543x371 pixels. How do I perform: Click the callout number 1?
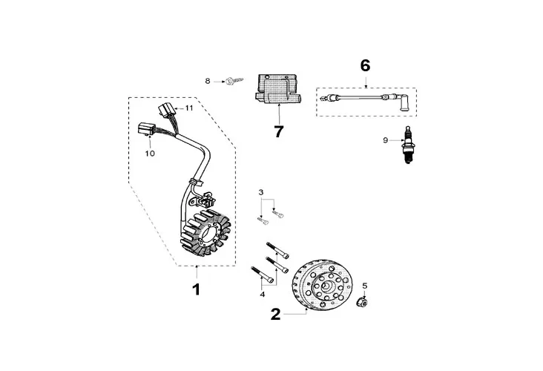point(197,289)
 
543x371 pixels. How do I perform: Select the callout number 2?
point(276,314)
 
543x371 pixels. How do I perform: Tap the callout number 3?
point(260,193)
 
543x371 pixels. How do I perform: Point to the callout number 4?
point(261,295)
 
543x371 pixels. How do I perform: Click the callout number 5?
point(364,286)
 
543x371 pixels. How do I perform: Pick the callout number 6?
point(365,66)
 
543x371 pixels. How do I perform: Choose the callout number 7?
point(279,132)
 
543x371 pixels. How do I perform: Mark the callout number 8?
point(208,80)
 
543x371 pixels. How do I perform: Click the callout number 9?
point(385,139)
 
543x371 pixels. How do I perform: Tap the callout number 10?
point(150,154)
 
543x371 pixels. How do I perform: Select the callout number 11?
point(189,108)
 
